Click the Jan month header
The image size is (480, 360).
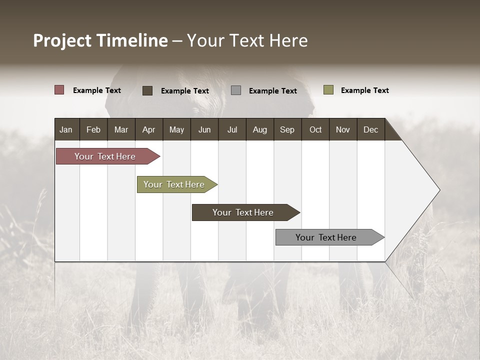point(66,129)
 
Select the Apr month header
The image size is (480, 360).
point(148,129)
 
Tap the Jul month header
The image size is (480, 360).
point(232,129)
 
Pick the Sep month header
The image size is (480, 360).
point(287,129)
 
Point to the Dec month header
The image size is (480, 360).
point(370,129)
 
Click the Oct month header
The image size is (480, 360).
point(315,129)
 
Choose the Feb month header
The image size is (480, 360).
point(93,129)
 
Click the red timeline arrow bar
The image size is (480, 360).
point(105,156)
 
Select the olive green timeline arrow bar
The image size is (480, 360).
point(174,184)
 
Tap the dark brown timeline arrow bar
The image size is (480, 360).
point(243,212)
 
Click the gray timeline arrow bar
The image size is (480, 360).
point(326,237)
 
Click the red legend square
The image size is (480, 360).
point(59,90)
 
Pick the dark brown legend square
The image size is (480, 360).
point(147,90)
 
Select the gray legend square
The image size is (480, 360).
point(236,90)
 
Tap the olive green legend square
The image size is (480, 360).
point(328,90)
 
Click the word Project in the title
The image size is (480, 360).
point(62,40)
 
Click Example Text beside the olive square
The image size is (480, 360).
point(364,90)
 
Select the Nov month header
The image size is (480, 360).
point(342,129)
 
